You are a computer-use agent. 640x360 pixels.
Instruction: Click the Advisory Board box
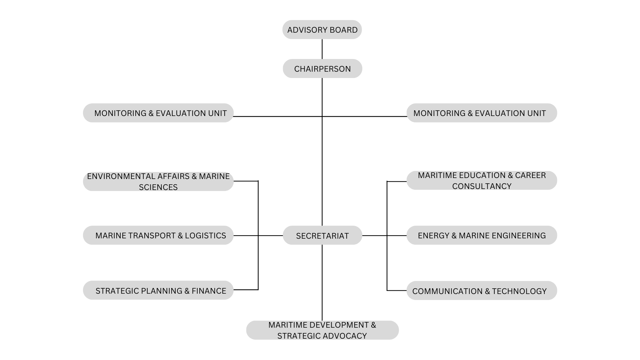(322, 30)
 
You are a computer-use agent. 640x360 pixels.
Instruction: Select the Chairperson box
(322, 69)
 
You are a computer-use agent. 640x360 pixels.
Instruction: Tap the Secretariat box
(322, 236)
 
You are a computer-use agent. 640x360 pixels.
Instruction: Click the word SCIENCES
(158, 187)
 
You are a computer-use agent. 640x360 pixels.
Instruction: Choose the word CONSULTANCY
(482, 186)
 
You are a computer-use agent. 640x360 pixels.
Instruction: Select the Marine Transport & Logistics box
(158, 235)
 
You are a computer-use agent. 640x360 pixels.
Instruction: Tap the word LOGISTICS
(205, 236)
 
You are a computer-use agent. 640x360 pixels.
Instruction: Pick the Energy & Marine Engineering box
(482, 235)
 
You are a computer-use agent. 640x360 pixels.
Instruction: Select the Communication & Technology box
(482, 291)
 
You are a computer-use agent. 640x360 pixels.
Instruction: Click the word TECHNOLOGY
(519, 291)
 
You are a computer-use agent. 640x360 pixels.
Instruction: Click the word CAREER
(530, 175)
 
